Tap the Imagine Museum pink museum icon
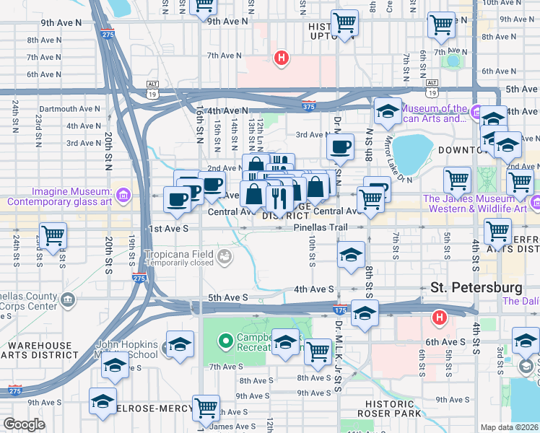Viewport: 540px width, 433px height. (x=123, y=195)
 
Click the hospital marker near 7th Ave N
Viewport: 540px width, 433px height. (x=281, y=57)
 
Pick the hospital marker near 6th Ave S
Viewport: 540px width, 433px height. (x=438, y=318)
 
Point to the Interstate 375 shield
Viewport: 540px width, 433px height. (x=308, y=107)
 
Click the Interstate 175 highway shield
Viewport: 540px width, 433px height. (x=339, y=310)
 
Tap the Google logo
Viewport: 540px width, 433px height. (x=25, y=424)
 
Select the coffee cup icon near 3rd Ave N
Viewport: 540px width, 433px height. (x=340, y=146)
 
